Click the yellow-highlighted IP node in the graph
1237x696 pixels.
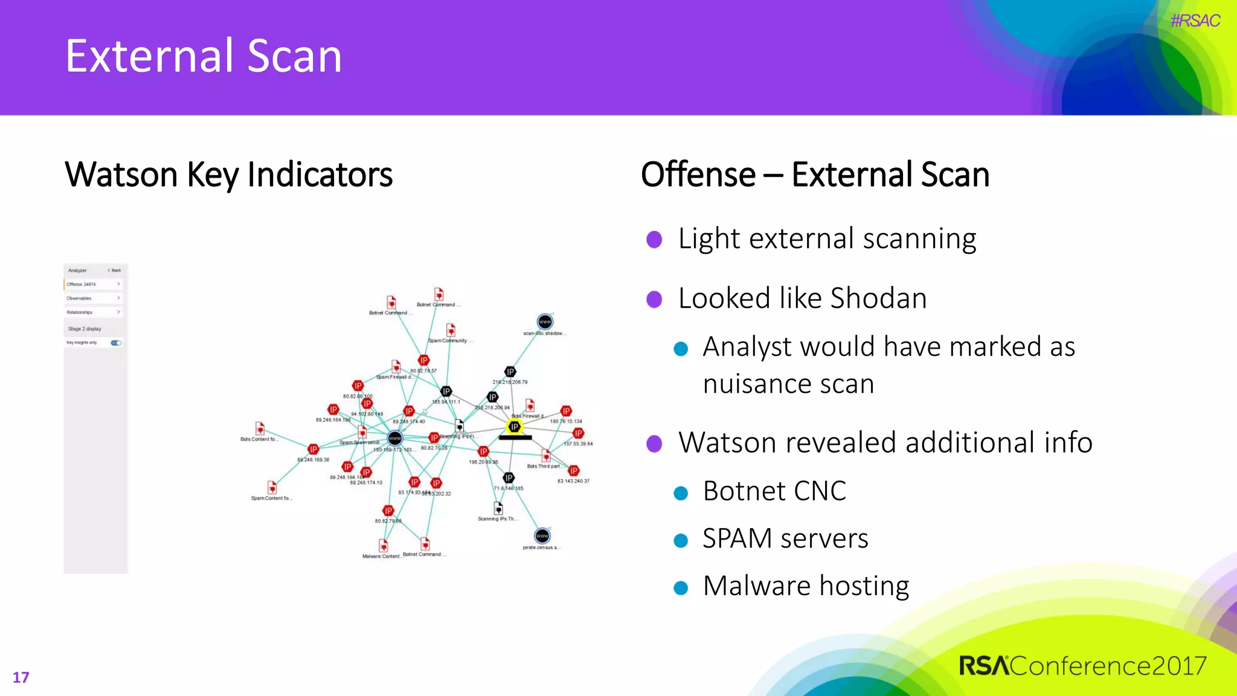pyautogui.click(x=514, y=427)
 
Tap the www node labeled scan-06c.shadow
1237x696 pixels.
pyautogui.click(x=545, y=321)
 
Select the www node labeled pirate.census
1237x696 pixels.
pyautogui.click(x=542, y=536)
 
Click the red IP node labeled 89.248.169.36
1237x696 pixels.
pyautogui.click(x=313, y=449)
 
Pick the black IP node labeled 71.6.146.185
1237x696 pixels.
pyautogui.click(x=509, y=477)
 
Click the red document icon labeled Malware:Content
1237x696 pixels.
pyautogui.click(x=383, y=545)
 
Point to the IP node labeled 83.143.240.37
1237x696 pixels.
pyautogui.click(x=573, y=471)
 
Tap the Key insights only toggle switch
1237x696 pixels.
pyautogui.click(x=116, y=343)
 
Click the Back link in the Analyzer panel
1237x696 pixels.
pyautogui.click(x=114, y=270)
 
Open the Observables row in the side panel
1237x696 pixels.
pyautogui.click(x=94, y=298)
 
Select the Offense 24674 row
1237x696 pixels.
pyautogui.click(x=94, y=284)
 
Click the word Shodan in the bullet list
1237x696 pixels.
pyautogui.click(x=878, y=298)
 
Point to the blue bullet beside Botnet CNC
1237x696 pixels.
pyautogui.click(x=681, y=493)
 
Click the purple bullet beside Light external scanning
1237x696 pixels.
pyautogui.click(x=654, y=240)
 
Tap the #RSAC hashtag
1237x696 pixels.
pyautogui.click(x=1195, y=21)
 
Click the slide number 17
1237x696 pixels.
pyautogui.click(x=21, y=677)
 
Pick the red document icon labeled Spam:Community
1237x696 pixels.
pyautogui.click(x=451, y=330)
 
